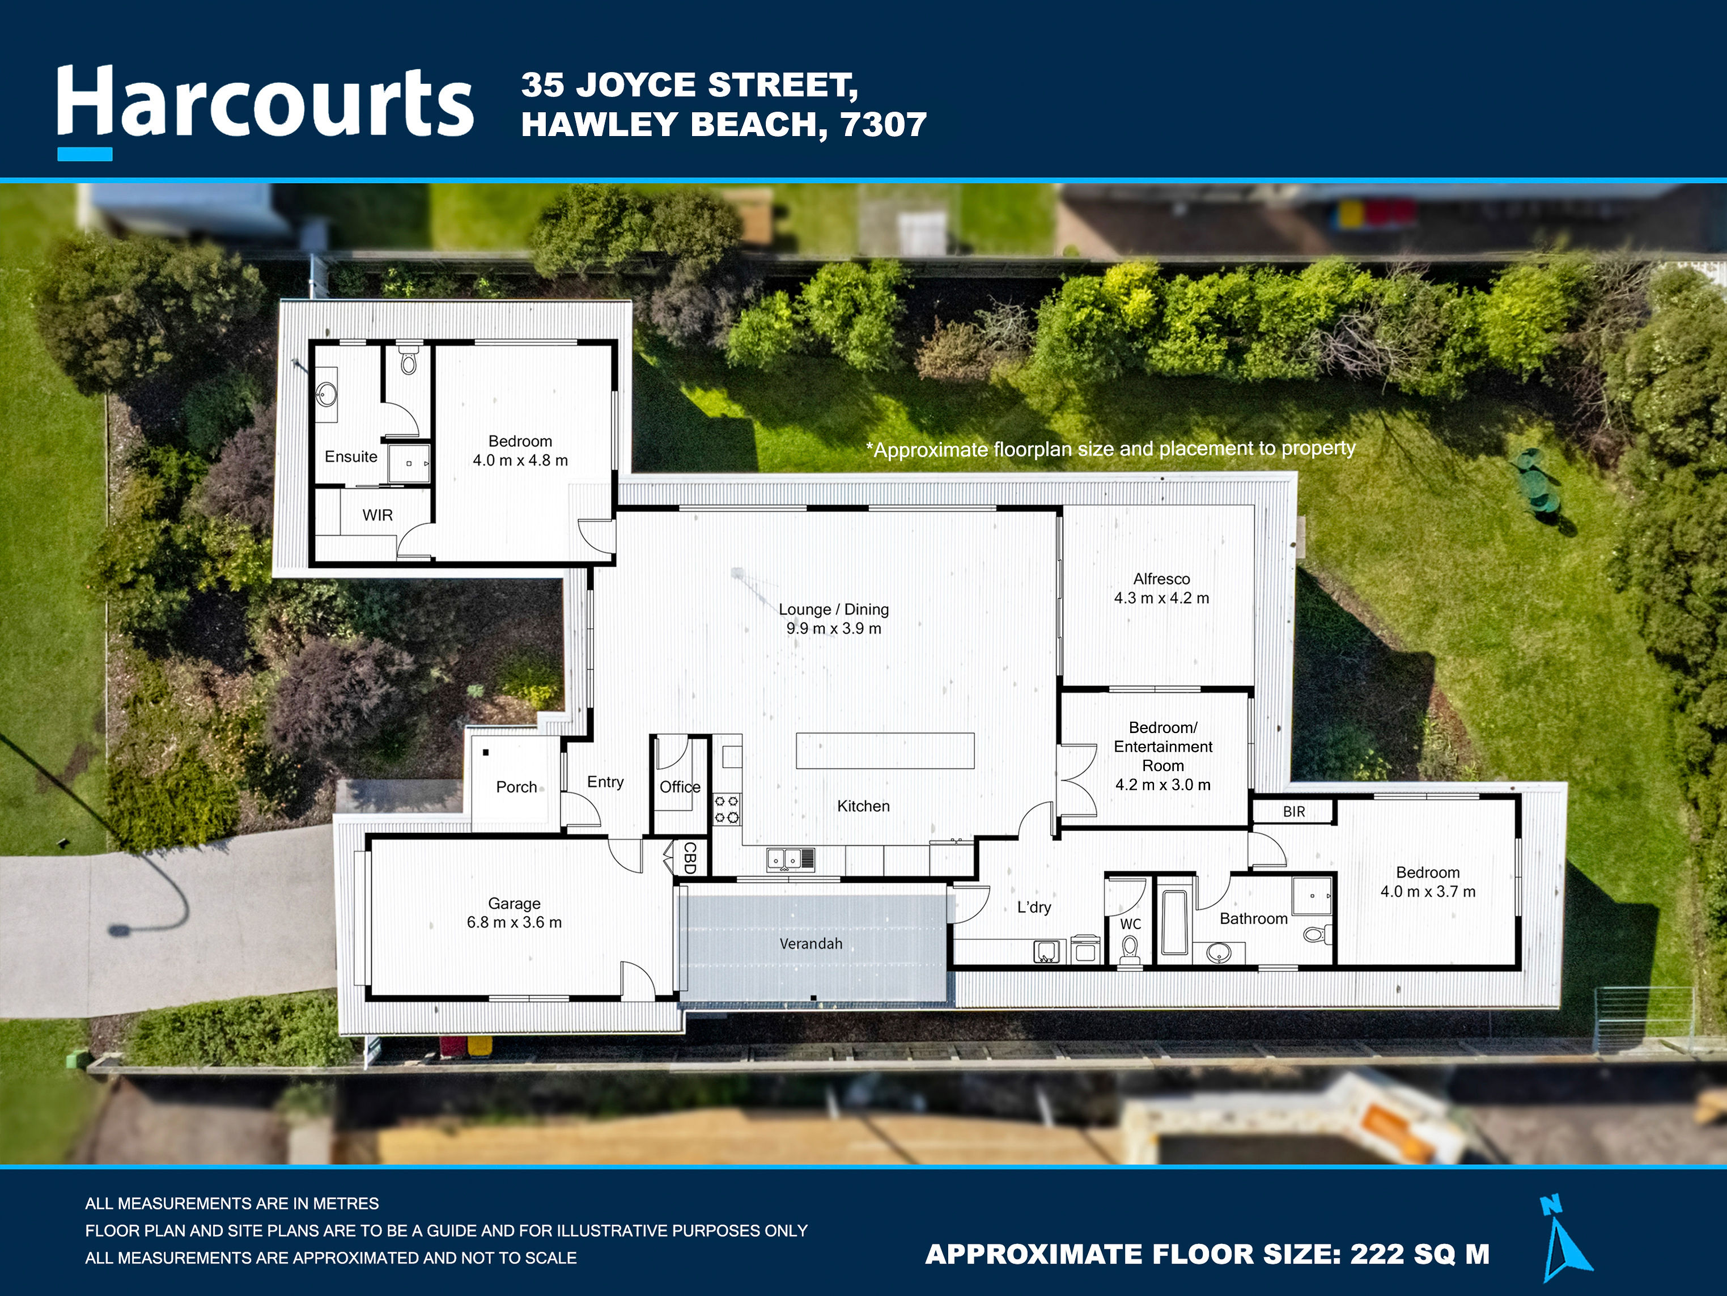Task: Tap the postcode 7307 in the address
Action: pos(883,125)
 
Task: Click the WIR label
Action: pos(377,515)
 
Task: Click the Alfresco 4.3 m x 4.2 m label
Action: pos(1161,588)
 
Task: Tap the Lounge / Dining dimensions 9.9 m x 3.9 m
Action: pos(833,629)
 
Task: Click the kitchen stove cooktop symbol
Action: pos(727,810)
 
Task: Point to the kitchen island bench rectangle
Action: pos(885,751)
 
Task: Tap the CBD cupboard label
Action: pos(689,857)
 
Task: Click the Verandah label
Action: pos(811,944)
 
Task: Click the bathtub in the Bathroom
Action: pos(1173,923)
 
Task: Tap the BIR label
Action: pos(1293,812)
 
